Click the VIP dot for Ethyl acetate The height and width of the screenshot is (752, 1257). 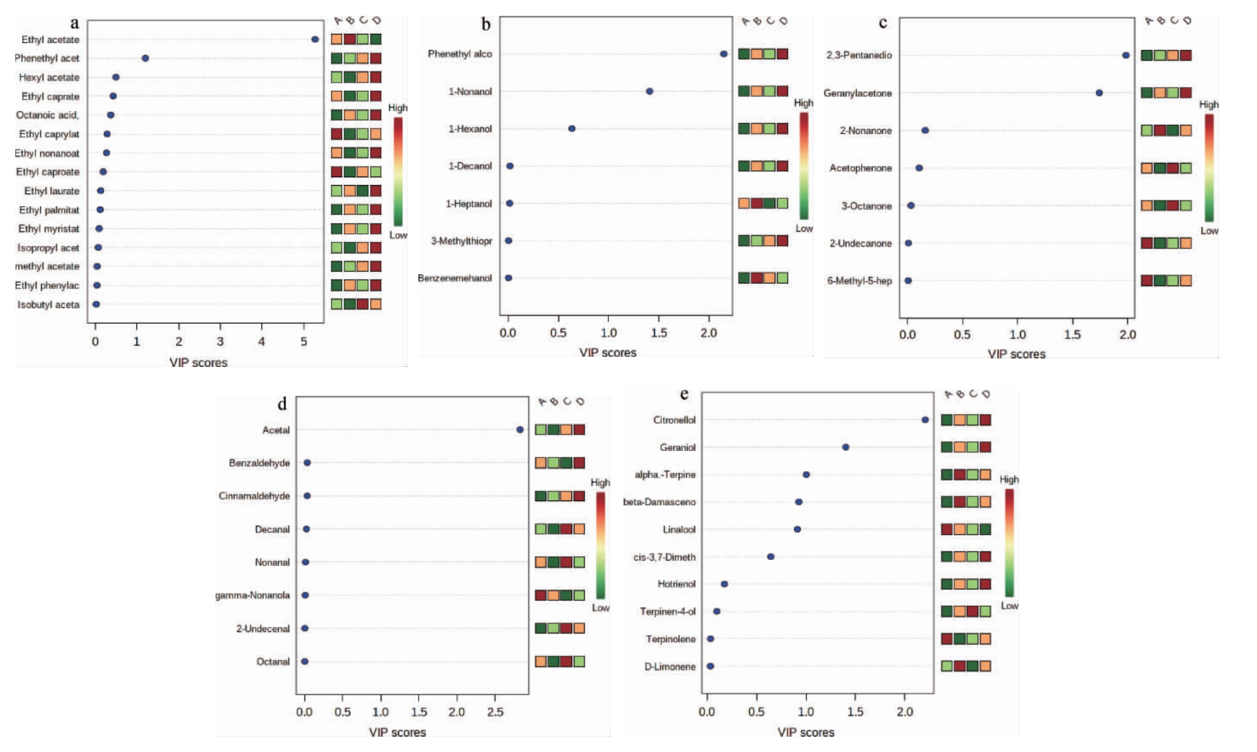[x=315, y=39]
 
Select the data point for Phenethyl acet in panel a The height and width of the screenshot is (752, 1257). [x=145, y=58]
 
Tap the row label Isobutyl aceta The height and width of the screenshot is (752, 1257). [x=48, y=305]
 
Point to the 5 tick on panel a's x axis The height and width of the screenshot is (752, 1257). [x=303, y=341]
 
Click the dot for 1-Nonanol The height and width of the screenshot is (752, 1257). [x=649, y=91]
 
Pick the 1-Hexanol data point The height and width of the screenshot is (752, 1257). [x=572, y=129]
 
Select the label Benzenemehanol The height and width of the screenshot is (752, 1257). [x=455, y=278]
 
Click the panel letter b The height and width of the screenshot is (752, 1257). [x=486, y=24]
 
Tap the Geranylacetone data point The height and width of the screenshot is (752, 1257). [x=1099, y=93]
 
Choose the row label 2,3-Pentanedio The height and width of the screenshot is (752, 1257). [x=858, y=55]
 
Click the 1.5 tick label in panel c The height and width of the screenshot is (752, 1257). [x=1072, y=335]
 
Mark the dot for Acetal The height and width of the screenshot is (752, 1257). [x=520, y=430]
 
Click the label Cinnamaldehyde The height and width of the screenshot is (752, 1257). [x=254, y=496]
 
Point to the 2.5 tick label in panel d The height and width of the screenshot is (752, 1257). [x=495, y=712]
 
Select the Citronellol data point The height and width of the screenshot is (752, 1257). [x=925, y=420]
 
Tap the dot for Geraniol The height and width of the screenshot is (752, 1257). [x=845, y=447]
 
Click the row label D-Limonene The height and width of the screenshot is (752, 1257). [x=670, y=666]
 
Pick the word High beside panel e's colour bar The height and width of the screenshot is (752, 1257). [x=1009, y=480]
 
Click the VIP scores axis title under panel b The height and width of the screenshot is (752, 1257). [x=608, y=353]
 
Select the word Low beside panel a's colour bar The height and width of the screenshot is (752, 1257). [x=398, y=235]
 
